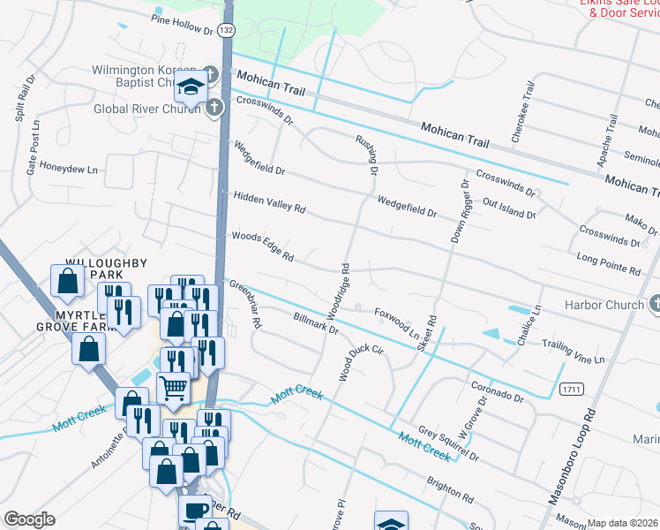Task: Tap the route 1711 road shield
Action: pyautogui.click(x=570, y=389)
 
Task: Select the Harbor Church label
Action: pyautogui.click(x=605, y=305)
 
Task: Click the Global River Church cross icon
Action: pyautogui.click(x=214, y=109)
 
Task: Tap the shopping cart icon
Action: pyautogui.click(x=172, y=386)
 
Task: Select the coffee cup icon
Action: pyautogui.click(x=194, y=509)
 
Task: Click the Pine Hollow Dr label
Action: pyautogui.click(x=183, y=25)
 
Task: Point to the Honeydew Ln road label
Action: pyautogui.click(x=66, y=165)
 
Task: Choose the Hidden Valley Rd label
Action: pyautogui.click(x=268, y=202)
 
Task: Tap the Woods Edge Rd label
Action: pyautogui.click(x=262, y=246)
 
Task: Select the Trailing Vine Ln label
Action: pyautogui.click(x=574, y=352)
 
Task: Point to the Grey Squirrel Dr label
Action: pyautogui.click(x=448, y=443)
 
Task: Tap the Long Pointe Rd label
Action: pyautogui.click(x=608, y=262)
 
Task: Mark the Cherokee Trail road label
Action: pyautogui.click(x=524, y=112)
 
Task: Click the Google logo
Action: pyautogui.click(x=29, y=519)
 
